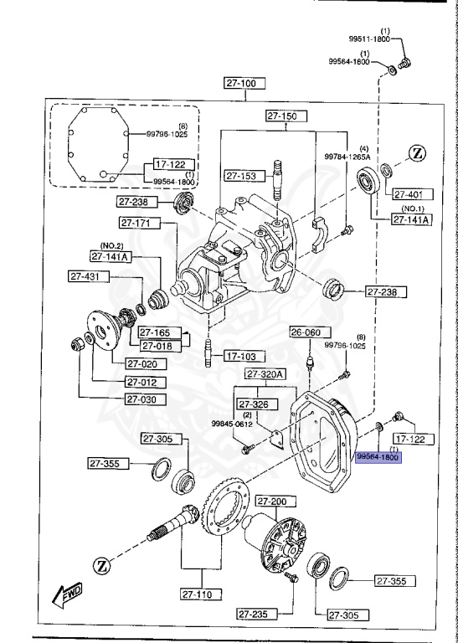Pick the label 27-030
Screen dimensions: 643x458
(x=147, y=399)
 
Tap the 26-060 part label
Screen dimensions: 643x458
(x=306, y=332)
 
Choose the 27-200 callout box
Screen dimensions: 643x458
(x=272, y=502)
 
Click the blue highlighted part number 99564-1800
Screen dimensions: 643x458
(x=378, y=457)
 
